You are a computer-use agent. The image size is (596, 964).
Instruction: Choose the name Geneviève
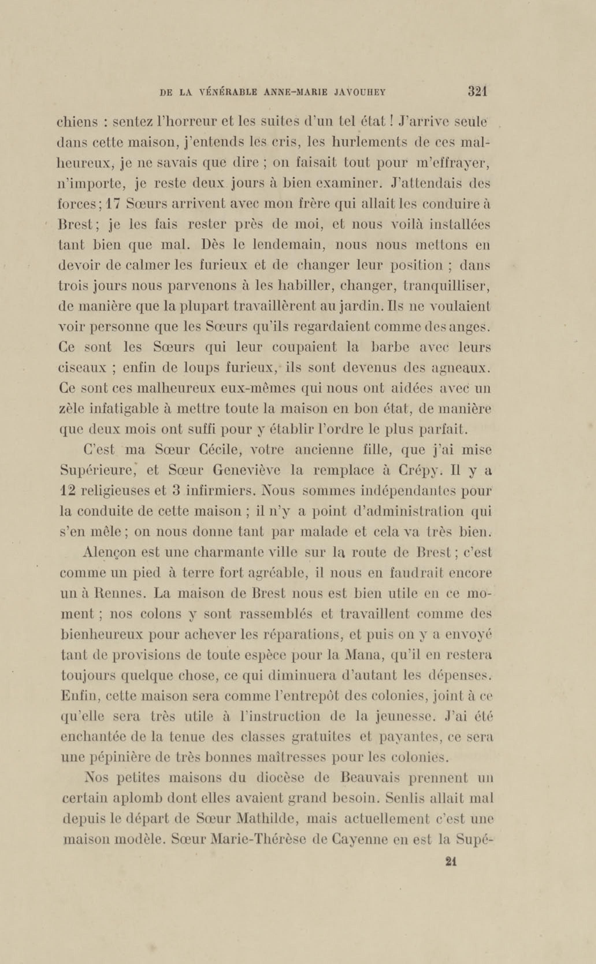click(x=246, y=470)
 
